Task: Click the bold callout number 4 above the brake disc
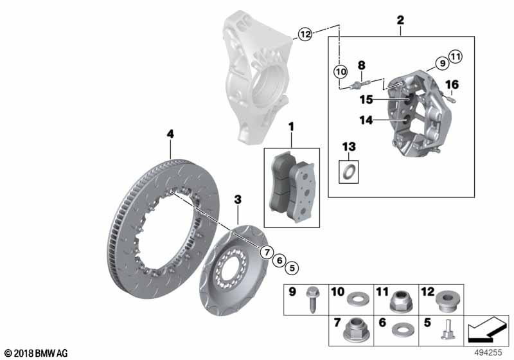pos(170,134)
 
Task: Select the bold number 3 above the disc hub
pos(238,199)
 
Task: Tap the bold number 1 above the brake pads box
pos(291,127)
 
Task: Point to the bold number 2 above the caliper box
pos(400,21)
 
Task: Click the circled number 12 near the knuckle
pos(305,34)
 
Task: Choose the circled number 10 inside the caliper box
pos(341,71)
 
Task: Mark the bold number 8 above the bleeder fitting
pos(361,65)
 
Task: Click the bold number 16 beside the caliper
pos(452,85)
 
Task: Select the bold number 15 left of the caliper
pos(366,100)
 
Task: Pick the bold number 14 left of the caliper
pos(366,120)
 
